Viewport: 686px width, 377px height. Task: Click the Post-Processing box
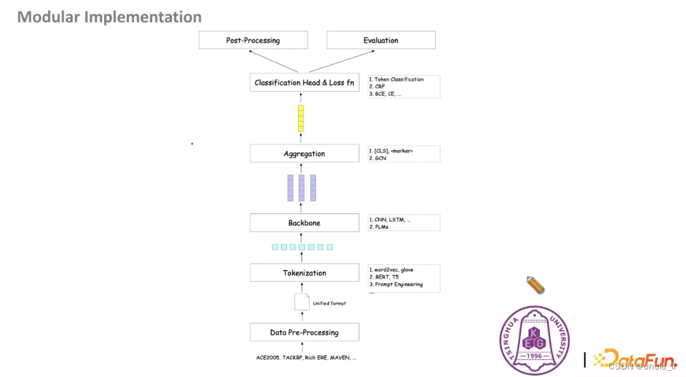pos(253,40)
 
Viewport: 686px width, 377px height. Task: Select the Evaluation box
pos(380,40)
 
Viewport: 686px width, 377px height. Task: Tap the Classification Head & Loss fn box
pos(304,83)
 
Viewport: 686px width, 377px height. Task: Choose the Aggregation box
pos(304,154)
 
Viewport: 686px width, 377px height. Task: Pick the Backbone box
pos(304,223)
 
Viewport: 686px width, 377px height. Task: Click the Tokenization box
pos(304,273)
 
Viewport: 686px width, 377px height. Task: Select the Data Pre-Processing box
pos(304,333)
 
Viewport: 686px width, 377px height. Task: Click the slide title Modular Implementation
pos(110,17)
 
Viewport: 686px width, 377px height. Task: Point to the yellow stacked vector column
pos(301,118)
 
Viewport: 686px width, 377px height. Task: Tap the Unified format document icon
pos(302,302)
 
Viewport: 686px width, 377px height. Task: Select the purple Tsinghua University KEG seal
pos(534,340)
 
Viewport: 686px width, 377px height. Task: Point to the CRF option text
pos(380,86)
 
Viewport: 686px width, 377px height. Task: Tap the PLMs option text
pos(382,226)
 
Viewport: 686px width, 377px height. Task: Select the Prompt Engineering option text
pos(398,284)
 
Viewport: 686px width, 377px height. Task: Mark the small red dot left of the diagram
pos(192,144)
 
